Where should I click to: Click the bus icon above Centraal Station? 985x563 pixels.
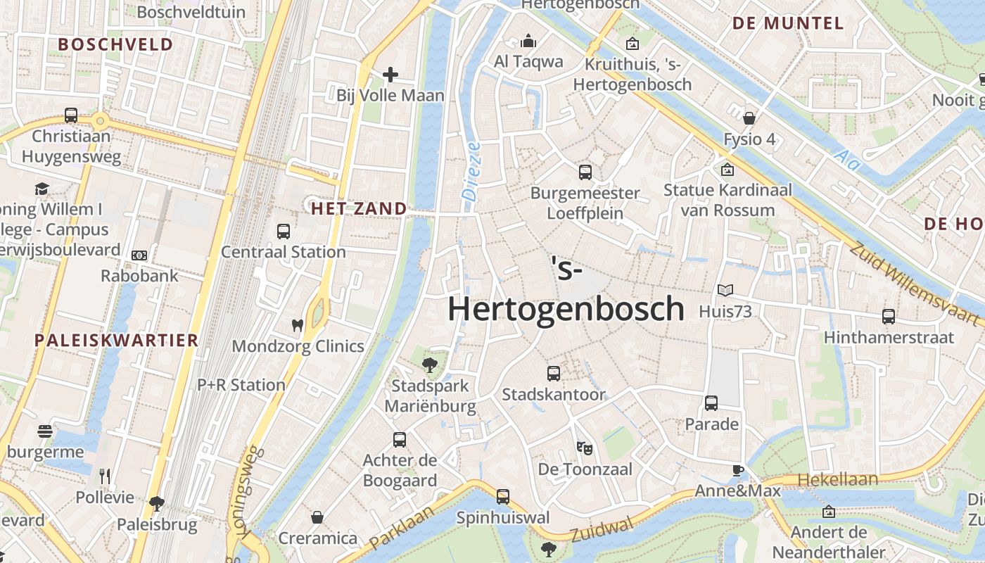tap(284, 231)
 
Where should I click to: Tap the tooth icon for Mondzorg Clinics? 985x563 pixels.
tap(298, 325)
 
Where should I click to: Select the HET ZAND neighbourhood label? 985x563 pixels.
tap(359, 208)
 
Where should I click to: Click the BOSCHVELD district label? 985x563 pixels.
tap(115, 44)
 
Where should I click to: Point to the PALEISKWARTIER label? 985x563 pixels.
tap(117, 341)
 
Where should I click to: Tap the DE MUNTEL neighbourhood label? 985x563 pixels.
tap(787, 23)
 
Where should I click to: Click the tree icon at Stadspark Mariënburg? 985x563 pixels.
tap(429, 365)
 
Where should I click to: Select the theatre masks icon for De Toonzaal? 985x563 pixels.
tap(584, 447)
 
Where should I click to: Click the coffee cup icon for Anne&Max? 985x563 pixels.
tap(737, 470)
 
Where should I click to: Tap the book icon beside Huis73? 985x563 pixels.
tap(725, 290)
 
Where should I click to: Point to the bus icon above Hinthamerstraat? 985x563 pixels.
tap(889, 317)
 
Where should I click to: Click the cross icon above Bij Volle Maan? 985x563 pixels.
tap(390, 74)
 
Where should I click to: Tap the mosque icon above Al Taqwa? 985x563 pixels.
tap(528, 42)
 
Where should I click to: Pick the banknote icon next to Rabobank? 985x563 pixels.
tap(139, 255)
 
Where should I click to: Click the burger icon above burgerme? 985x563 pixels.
tap(45, 431)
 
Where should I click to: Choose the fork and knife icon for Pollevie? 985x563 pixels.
tap(105, 476)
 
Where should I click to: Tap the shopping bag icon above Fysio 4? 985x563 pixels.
tap(749, 118)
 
